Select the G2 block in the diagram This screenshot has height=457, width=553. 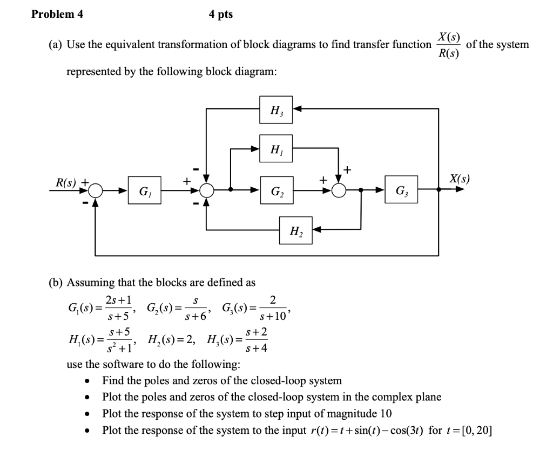tap(276, 190)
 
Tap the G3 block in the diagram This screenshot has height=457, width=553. tap(401, 190)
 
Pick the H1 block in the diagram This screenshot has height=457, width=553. tap(276, 148)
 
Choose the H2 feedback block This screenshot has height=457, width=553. tap(295, 230)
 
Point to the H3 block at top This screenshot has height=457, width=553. tap(276, 110)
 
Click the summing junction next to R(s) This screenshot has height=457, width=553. tap(96, 190)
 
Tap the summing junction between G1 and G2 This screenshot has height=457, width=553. tap(206, 190)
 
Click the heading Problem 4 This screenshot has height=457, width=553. tap(57, 15)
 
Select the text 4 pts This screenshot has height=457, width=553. tap(221, 15)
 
